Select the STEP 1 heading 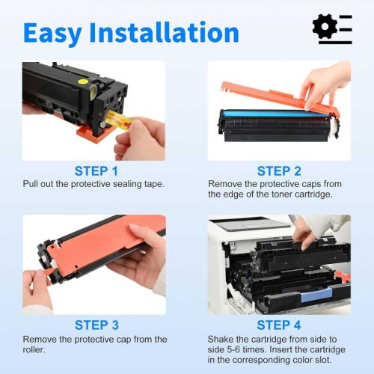pos(96,171)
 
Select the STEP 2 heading pos(280,171)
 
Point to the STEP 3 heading pos(96,325)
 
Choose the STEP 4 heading pos(280,325)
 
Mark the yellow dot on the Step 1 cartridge pos(92,75)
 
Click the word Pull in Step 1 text pos(31,183)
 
